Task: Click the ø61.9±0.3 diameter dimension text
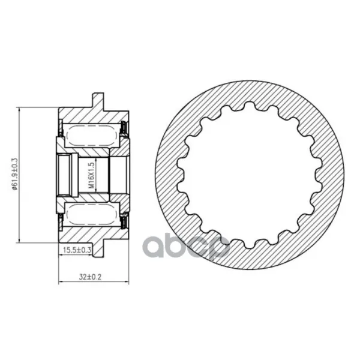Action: click(x=15, y=174)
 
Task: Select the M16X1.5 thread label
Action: click(x=91, y=175)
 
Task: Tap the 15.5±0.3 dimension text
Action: click(x=77, y=250)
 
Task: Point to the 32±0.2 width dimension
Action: click(x=90, y=277)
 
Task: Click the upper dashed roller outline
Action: click(x=91, y=136)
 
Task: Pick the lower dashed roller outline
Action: click(x=91, y=215)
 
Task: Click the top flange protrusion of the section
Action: click(x=98, y=101)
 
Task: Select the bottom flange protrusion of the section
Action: click(x=98, y=249)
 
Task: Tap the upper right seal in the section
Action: click(x=124, y=129)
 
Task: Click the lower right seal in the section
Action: click(x=124, y=221)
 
